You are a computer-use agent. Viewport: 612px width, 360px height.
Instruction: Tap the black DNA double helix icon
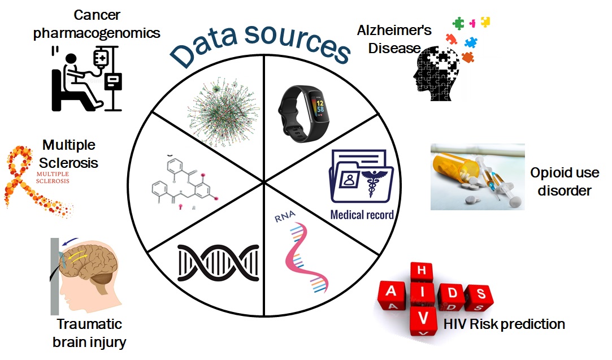pyautogui.click(x=218, y=263)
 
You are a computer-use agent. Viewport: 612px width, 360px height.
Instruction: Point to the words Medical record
pyautogui.click(x=362, y=215)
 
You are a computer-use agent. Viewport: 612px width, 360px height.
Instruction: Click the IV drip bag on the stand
pyautogui.click(x=101, y=58)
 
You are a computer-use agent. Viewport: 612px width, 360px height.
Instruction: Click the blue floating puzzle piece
pyautogui.click(x=471, y=42)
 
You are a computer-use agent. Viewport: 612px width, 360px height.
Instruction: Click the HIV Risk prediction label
pyautogui.click(x=504, y=324)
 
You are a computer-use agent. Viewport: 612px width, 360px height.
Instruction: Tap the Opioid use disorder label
pyautogui.click(x=565, y=181)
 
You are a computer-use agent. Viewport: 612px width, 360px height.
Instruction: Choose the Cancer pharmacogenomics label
pyautogui.click(x=97, y=24)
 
